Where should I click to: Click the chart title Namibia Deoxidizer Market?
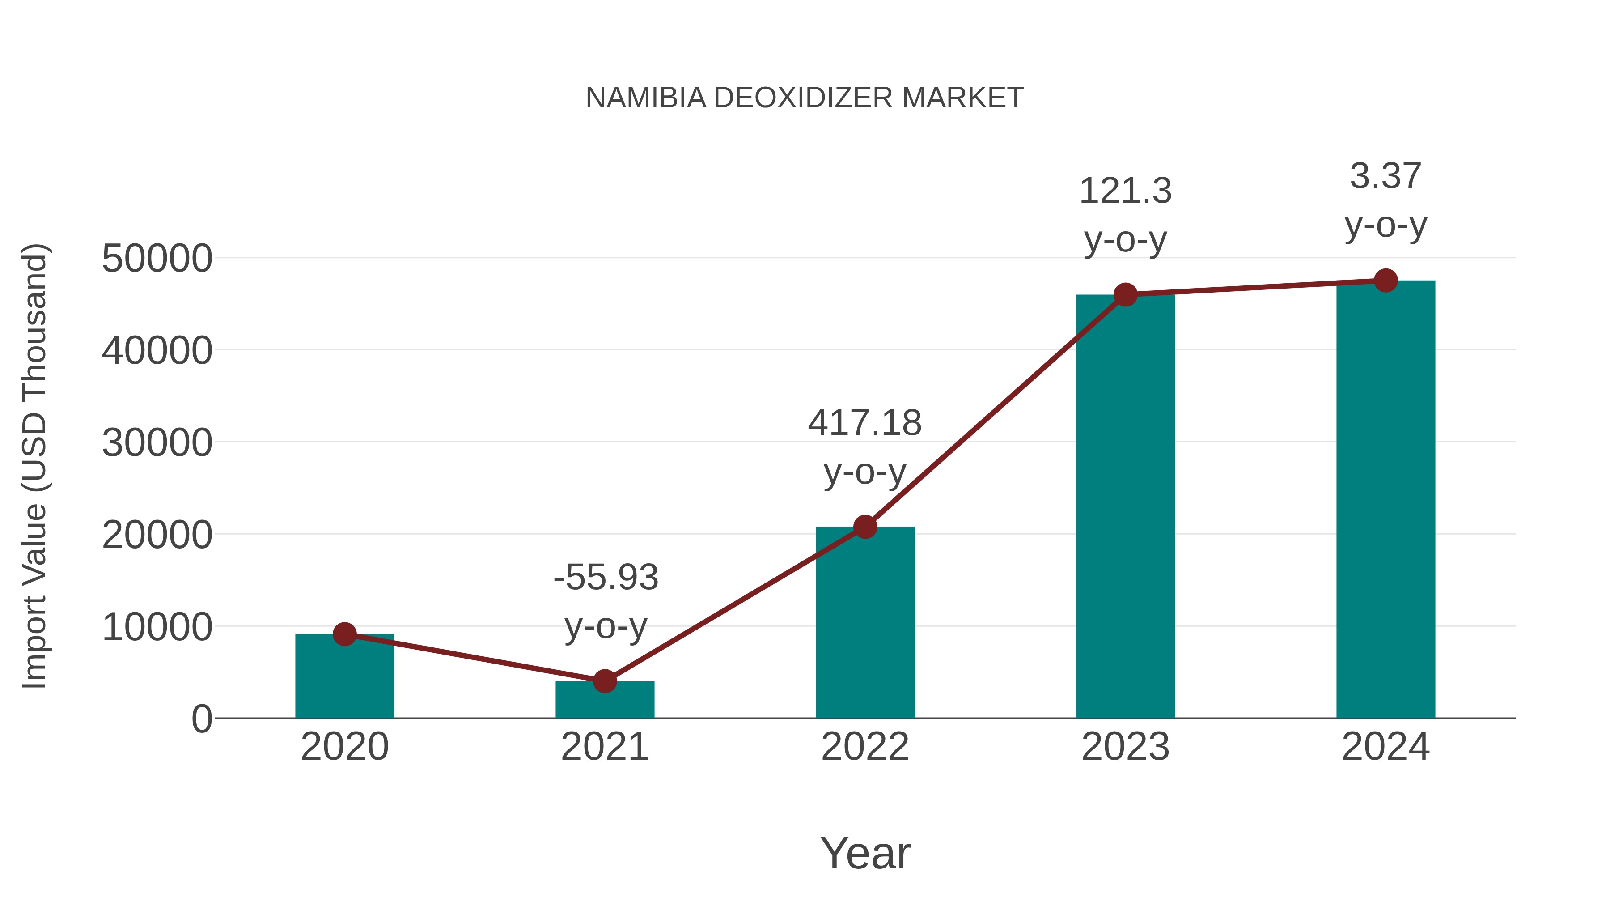click(x=805, y=98)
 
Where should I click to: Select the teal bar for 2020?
click(x=344, y=678)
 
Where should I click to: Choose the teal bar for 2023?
click(x=1125, y=506)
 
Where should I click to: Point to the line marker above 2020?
click(x=344, y=634)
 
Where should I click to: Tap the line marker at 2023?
click(x=1125, y=294)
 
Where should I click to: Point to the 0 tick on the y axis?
click(x=201, y=719)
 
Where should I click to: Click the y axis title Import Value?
click(x=34, y=466)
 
